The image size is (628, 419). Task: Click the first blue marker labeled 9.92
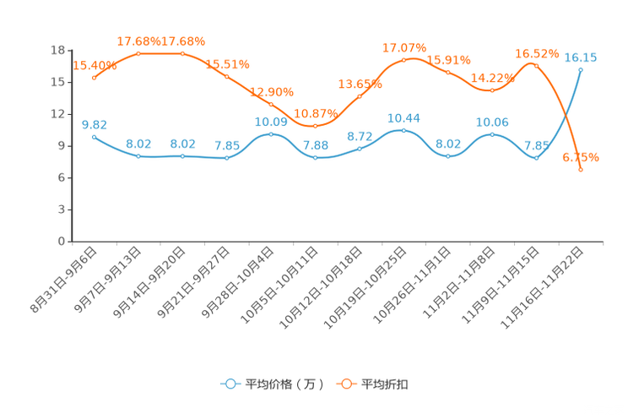click(94, 136)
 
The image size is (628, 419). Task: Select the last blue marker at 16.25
click(581, 69)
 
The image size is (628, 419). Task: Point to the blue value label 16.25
click(581, 57)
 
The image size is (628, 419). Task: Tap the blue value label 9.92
click(94, 124)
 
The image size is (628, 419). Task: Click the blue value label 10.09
click(271, 122)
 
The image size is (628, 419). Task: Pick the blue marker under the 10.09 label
click(271, 134)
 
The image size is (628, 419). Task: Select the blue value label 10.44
click(403, 118)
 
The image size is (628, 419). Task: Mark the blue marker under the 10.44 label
click(403, 130)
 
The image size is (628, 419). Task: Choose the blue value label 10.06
click(492, 122)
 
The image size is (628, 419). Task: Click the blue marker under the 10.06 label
click(492, 134)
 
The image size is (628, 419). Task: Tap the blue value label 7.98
click(316, 146)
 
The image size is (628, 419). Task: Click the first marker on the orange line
click(94, 78)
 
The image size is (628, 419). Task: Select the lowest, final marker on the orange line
click(581, 170)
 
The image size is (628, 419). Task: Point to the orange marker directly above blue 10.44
click(403, 61)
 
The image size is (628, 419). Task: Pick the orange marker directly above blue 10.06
click(492, 90)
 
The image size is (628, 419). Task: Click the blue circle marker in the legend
click(230, 384)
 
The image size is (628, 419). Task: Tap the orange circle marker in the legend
click(346, 384)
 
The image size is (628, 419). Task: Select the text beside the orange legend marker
click(387, 384)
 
